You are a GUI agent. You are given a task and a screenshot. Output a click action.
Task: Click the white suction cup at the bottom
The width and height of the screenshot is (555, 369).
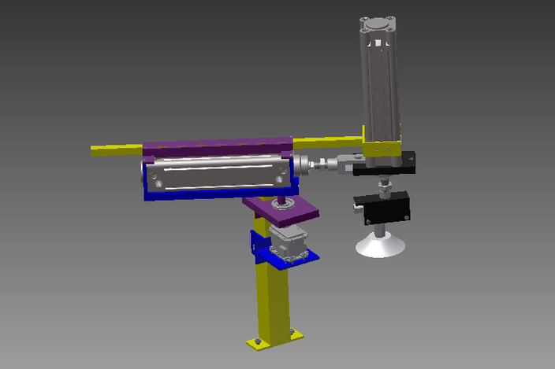[x=380, y=246]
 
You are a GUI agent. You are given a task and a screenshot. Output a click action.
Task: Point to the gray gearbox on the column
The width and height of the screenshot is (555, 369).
[x=285, y=241]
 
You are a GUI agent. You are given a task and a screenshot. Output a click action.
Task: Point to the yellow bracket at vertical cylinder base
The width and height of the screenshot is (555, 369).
[x=382, y=148]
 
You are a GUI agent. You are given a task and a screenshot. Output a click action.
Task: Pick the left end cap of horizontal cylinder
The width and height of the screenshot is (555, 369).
[x=151, y=175]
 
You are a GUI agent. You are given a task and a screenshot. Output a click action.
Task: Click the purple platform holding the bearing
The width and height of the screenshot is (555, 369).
[x=296, y=210]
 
